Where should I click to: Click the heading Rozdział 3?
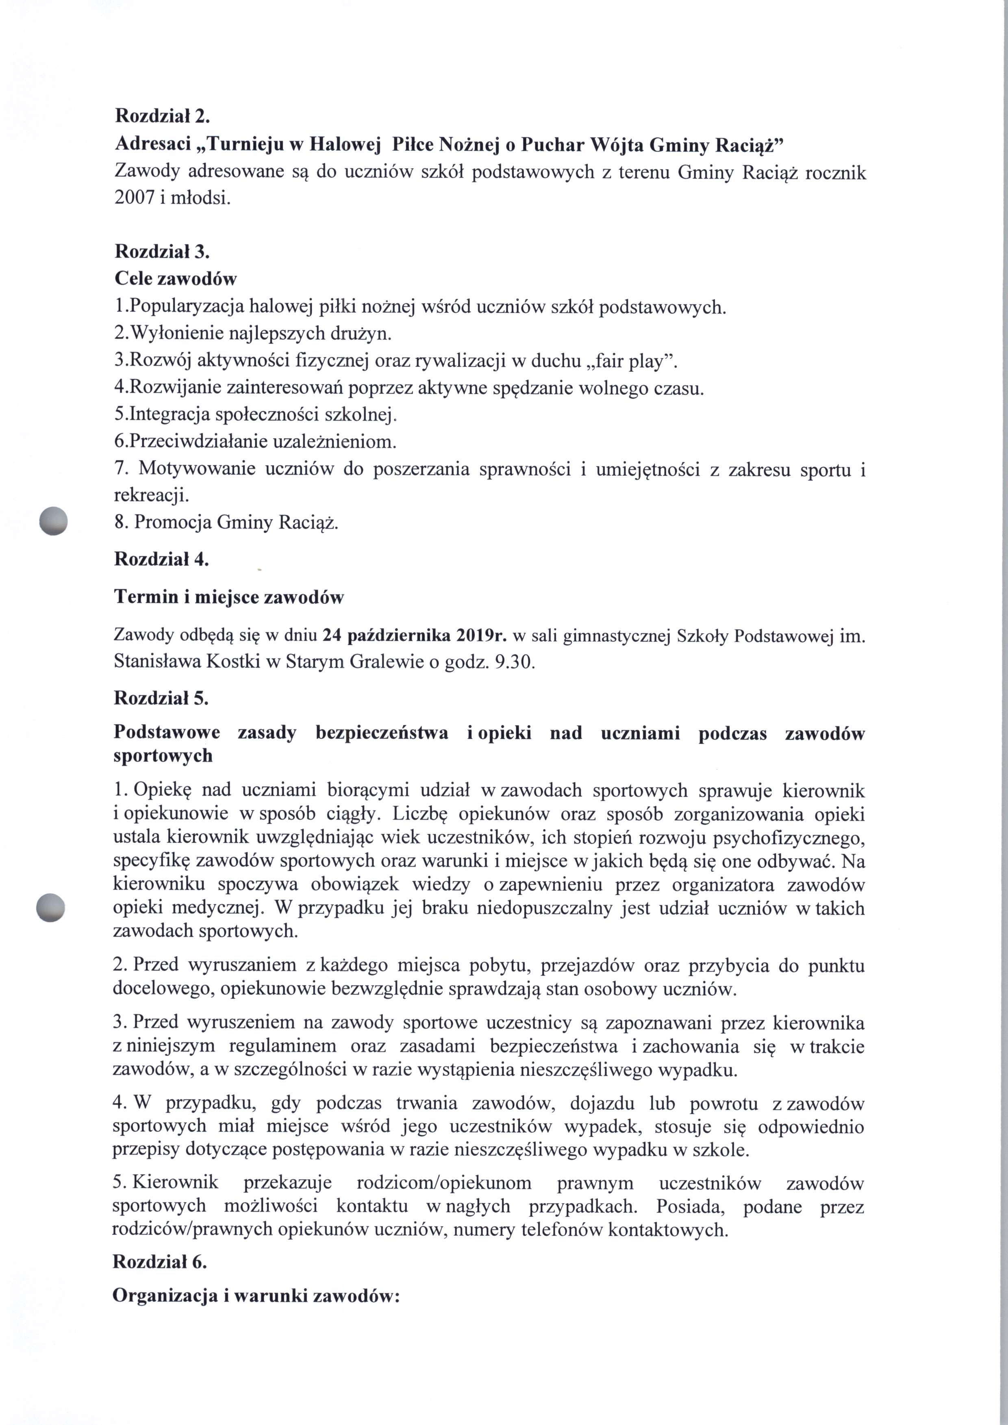[162, 252]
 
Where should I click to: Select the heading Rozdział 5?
[161, 698]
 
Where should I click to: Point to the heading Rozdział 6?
[160, 1262]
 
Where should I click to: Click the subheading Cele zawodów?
[176, 279]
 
